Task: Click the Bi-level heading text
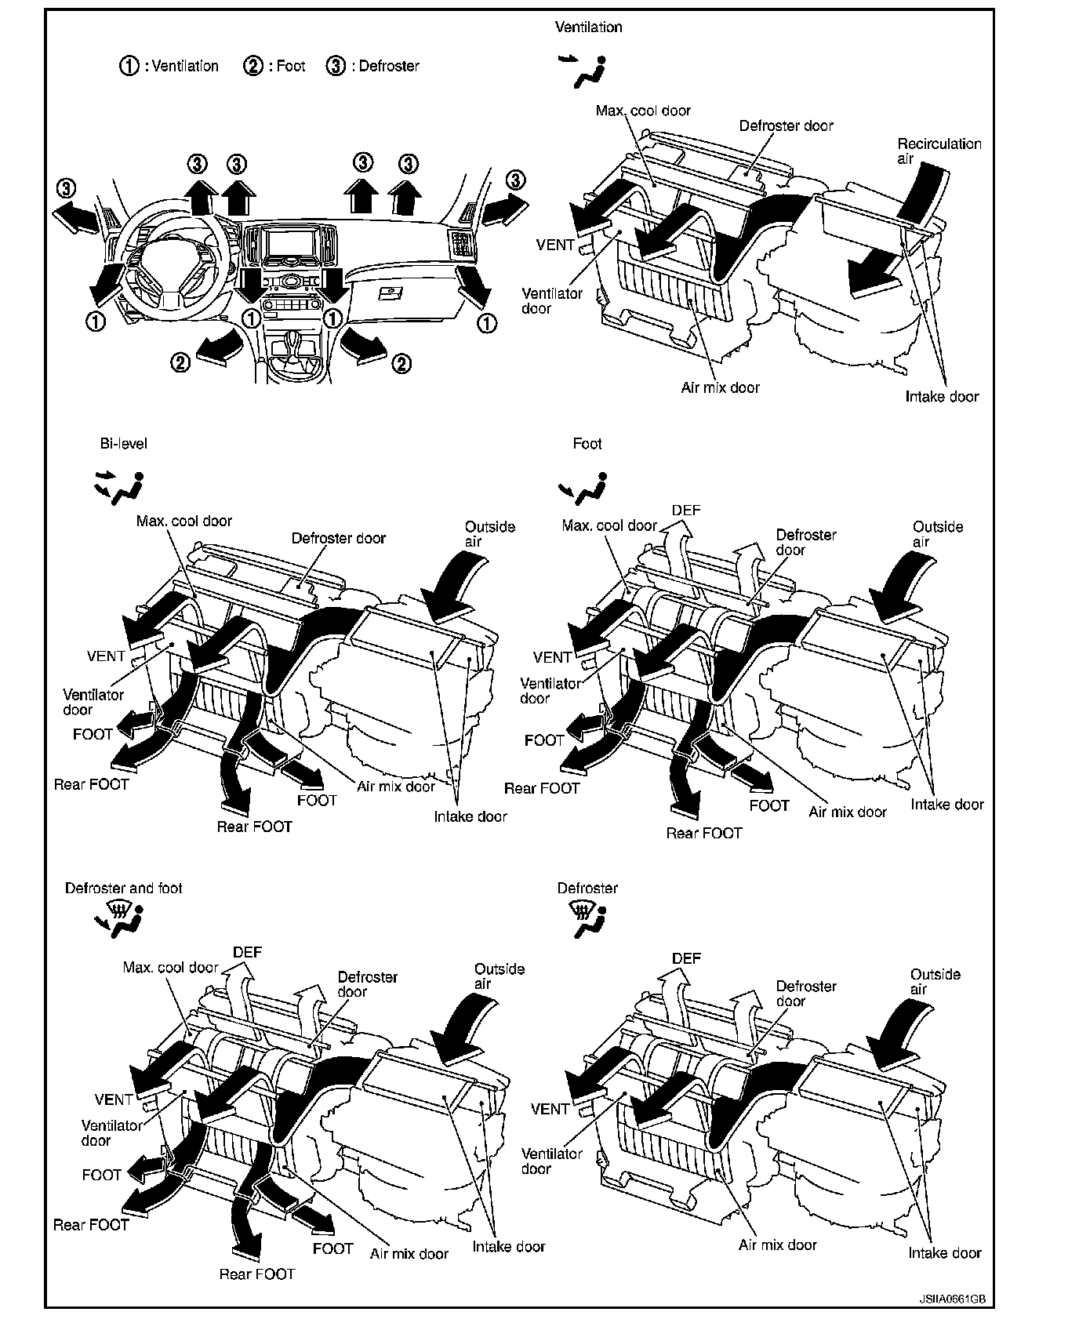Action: pos(123,443)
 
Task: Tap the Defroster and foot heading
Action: pos(123,888)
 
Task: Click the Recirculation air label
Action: pos(939,151)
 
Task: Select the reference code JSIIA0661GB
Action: pos(951,1299)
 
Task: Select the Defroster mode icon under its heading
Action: pos(587,918)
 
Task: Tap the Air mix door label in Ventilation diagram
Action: pos(720,387)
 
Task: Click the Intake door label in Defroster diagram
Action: pos(944,1252)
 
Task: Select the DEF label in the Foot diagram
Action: pos(686,511)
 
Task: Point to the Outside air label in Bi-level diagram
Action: pos(489,534)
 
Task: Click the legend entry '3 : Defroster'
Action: pos(372,66)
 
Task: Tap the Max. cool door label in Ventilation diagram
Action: pos(643,111)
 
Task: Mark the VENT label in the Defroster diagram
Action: pos(550,1109)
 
